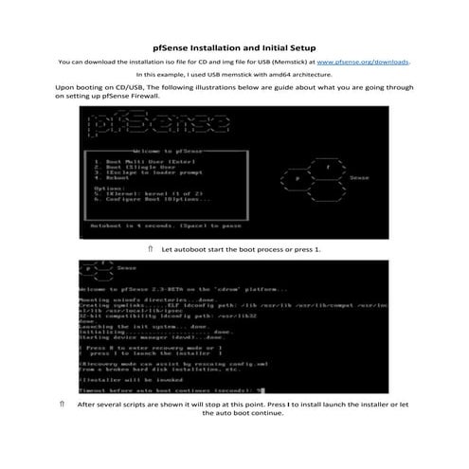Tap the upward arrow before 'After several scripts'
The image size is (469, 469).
tap(62, 404)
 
